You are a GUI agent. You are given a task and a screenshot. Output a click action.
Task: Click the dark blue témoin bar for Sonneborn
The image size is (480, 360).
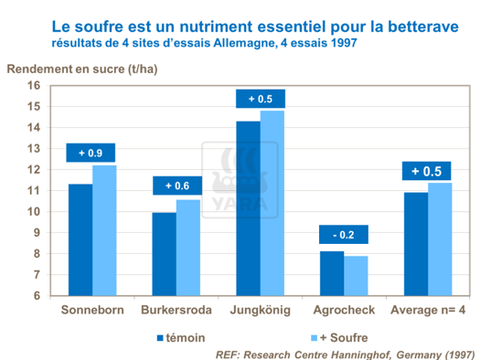[x=80, y=239]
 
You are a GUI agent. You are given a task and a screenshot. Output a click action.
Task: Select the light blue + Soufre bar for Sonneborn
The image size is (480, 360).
[x=104, y=230]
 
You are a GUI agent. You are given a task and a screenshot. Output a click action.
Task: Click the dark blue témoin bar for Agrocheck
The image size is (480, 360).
[x=332, y=273]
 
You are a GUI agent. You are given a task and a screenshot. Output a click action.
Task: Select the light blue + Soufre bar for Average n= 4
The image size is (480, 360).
[x=440, y=238]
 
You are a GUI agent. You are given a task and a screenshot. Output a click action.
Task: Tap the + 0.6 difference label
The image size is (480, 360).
[x=176, y=186]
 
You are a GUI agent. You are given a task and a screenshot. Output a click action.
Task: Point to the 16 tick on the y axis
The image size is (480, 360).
[x=34, y=85]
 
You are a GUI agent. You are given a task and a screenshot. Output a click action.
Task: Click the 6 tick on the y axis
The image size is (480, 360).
[x=37, y=296]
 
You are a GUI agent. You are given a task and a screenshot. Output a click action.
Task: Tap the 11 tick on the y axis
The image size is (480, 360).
[x=34, y=191]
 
